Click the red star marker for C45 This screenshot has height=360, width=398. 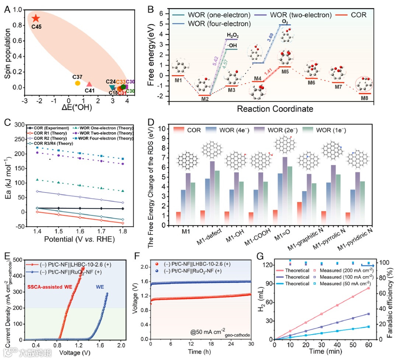[35, 18]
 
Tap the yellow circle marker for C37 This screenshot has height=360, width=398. [77, 83]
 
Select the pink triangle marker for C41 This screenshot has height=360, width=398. [89, 84]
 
